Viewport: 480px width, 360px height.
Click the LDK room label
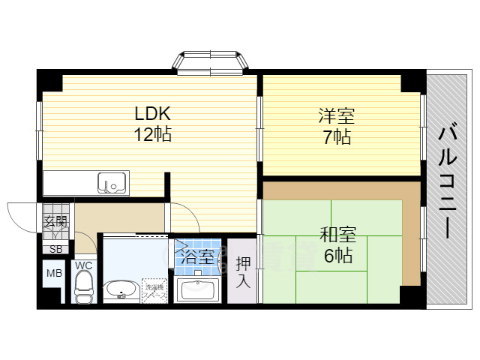[x=153, y=114]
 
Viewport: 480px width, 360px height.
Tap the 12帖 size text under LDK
[x=153, y=136]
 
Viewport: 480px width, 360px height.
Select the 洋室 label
[x=335, y=116]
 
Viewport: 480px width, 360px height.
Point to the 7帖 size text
[x=335, y=137]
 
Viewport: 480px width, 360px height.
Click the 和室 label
[x=337, y=235]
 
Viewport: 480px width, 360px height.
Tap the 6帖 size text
[x=337, y=256]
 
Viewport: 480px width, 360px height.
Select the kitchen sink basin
[x=112, y=182]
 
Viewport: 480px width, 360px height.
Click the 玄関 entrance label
[x=55, y=221]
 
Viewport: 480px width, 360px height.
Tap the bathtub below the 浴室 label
[x=197, y=288]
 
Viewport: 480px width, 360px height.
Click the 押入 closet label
[x=243, y=271]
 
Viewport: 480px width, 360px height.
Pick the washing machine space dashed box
[x=156, y=290]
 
